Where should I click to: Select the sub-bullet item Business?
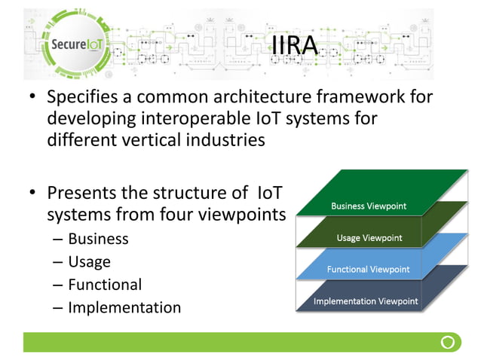tap(98, 239)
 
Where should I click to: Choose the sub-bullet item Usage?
tap(89, 262)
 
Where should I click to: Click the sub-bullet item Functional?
tap(104, 285)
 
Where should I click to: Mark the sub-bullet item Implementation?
tap(124, 307)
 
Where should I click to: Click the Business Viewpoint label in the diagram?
tap(369, 206)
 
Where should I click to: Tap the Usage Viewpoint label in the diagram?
tap(369, 238)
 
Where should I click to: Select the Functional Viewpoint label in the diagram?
tap(368, 269)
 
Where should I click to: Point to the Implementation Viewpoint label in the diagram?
tap(366, 302)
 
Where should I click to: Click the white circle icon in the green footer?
tap(448, 343)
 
